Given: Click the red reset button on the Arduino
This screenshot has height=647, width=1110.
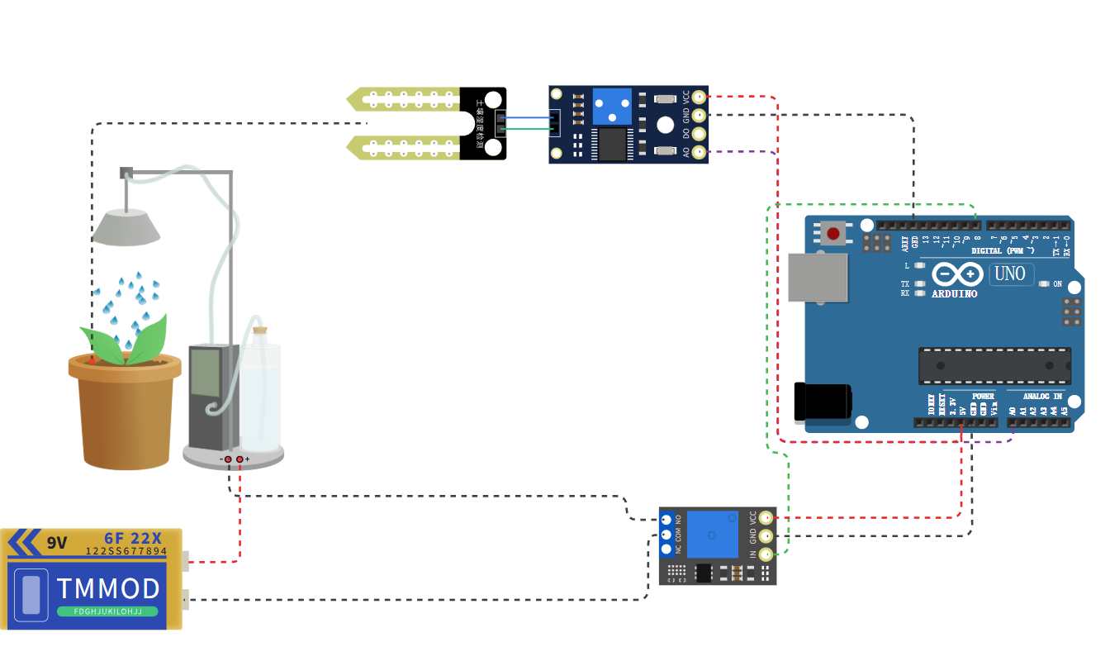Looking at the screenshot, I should (x=833, y=234).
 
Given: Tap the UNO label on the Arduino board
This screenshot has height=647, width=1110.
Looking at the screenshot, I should (x=1011, y=274).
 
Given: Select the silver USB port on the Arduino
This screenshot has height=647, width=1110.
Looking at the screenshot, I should (x=818, y=277).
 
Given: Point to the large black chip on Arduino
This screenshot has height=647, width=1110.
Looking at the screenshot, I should (x=994, y=365).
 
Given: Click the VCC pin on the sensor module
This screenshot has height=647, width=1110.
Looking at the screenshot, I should (x=700, y=97).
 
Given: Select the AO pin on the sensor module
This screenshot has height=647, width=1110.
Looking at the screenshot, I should (x=700, y=152).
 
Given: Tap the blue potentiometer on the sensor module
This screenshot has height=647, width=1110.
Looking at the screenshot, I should (x=612, y=107).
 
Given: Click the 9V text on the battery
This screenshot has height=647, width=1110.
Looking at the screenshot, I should (x=56, y=543).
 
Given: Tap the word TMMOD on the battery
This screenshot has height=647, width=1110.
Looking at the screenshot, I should (x=108, y=588).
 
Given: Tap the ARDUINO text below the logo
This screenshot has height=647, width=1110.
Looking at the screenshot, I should (x=954, y=293).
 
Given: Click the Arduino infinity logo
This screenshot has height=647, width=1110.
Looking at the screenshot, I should (x=957, y=274).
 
